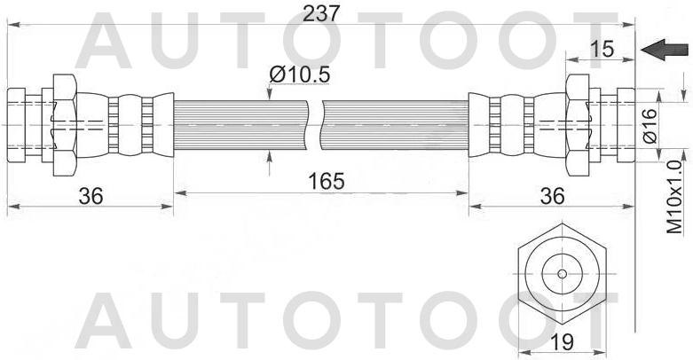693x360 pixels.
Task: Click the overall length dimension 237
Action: point(321,12)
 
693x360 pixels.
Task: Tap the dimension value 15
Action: point(602,49)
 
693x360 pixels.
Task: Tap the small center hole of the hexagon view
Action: point(562,273)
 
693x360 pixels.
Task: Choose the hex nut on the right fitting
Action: point(577,124)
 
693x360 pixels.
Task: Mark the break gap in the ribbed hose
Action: point(317,124)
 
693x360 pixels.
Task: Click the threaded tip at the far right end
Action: point(624,124)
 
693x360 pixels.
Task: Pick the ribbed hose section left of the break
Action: point(240,124)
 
